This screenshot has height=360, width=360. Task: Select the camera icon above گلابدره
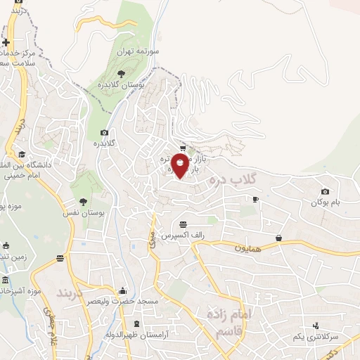105,133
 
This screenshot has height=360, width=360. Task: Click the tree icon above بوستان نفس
84,200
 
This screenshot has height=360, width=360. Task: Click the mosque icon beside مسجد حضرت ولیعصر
123,290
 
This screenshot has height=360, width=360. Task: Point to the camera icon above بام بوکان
325,191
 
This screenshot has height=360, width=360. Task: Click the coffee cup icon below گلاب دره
255,199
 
